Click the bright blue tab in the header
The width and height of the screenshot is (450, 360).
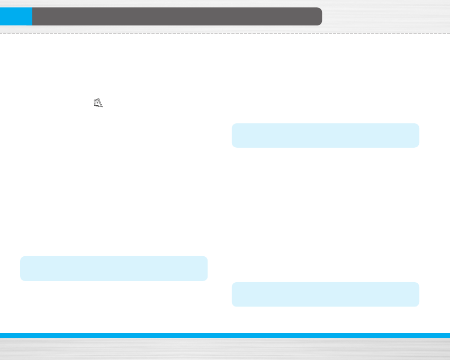pyautogui.click(x=16, y=16)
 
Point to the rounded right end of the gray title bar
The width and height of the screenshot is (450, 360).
pyautogui.click(x=319, y=16)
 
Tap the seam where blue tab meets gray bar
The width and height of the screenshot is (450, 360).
pyautogui.click(x=32, y=16)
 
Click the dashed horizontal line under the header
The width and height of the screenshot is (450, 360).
pyautogui.click(x=225, y=33)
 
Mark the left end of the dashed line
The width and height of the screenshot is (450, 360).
pyautogui.click(x=1, y=33)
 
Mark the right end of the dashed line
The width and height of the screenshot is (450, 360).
pyautogui.click(x=448, y=33)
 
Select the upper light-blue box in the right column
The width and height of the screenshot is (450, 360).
pyautogui.click(x=326, y=136)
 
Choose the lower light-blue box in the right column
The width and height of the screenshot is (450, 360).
pyautogui.click(x=326, y=294)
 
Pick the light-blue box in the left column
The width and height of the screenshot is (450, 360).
pyautogui.click(x=114, y=268)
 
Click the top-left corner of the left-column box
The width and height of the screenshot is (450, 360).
pyautogui.click(x=22, y=258)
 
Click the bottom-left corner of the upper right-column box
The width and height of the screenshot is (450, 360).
pyautogui.click(x=233, y=146)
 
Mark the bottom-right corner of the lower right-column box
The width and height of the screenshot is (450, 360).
pyautogui.click(x=418, y=305)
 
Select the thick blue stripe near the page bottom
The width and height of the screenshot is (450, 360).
pyautogui.click(x=225, y=335)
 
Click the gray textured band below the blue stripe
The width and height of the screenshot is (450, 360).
pyautogui.click(x=225, y=349)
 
